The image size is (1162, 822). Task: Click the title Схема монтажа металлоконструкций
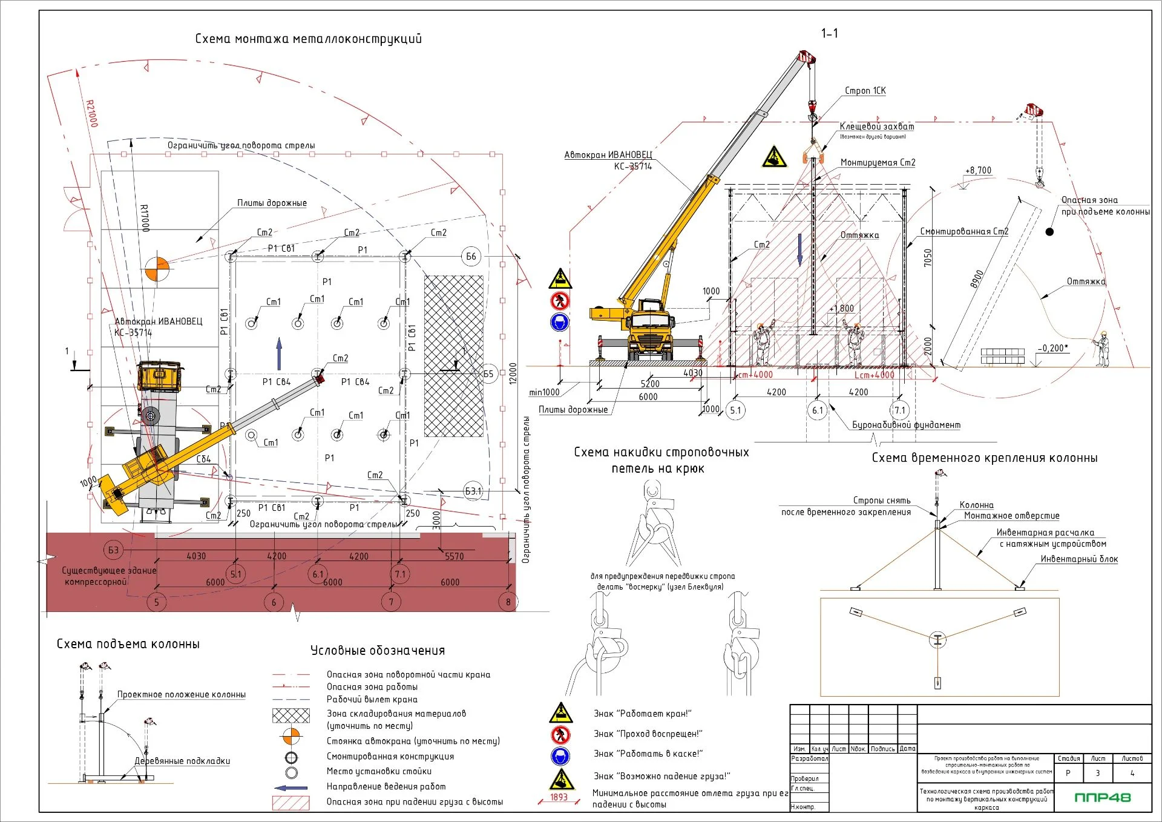coord(308,39)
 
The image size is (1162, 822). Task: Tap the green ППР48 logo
coord(1102,797)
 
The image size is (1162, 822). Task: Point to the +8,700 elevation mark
coord(978,171)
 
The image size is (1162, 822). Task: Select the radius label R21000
coord(91,114)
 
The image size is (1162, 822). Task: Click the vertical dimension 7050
coord(928,258)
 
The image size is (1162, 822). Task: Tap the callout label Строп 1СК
coord(865,91)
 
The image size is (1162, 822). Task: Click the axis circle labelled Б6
coord(471,257)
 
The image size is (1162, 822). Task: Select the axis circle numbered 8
coord(508,602)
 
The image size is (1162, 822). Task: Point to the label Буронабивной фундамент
coord(906,425)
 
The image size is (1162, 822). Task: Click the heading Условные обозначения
coord(378,651)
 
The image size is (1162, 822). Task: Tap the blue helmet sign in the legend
coord(560,755)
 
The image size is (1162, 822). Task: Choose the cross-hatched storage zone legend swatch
coord(291,716)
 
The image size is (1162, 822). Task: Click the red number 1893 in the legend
coord(559,797)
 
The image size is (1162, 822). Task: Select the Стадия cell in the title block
coord(1068,758)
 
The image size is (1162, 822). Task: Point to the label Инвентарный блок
coord(1079,559)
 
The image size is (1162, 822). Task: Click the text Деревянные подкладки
coord(182,761)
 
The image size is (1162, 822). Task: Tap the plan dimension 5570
coord(454,556)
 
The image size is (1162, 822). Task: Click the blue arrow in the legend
coord(291,787)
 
